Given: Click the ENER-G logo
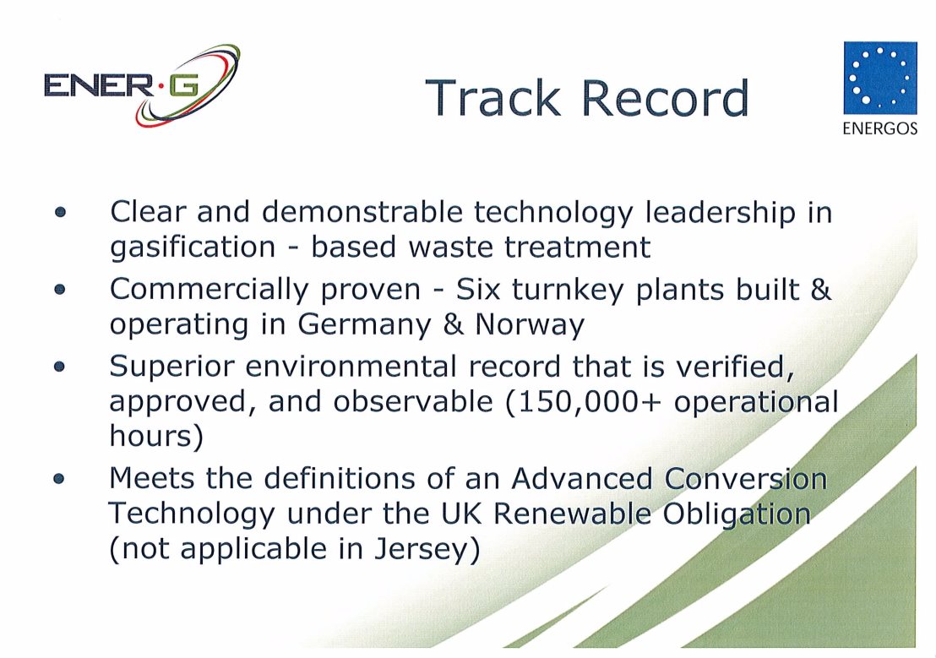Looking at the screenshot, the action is point(142,85).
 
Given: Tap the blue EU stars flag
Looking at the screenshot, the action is point(880,78).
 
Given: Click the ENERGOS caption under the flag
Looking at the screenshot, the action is point(880,128).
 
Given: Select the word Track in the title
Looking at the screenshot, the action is point(493,98).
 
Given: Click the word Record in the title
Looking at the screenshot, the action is point(665,98).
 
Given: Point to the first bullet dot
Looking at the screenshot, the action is point(60,212).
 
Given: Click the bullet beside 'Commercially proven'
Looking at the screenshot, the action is point(60,290).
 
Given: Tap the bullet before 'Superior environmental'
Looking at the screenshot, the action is point(59,366).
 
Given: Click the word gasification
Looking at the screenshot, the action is point(193,247).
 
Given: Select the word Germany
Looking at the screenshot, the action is point(364,325).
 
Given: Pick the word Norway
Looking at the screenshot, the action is point(530,325).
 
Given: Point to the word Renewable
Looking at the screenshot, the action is point(572,514).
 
